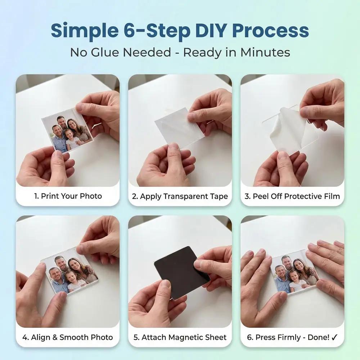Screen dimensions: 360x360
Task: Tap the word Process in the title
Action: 270,31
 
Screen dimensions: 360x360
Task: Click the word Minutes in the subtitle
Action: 265,52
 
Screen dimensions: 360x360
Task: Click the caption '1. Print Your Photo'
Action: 68,196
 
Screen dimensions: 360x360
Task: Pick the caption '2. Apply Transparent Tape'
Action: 180,196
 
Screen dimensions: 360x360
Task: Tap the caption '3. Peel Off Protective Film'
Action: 292,196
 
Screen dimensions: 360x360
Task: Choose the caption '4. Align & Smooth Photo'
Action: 68,337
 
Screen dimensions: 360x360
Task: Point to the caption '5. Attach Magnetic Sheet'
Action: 180,337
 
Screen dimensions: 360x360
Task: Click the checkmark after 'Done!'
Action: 334,337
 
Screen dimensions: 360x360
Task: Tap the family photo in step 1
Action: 68,131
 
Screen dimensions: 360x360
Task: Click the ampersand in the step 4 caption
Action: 55,337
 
